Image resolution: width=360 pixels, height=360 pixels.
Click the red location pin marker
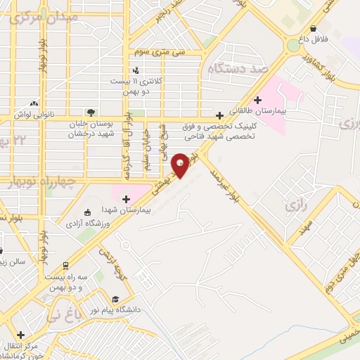181,165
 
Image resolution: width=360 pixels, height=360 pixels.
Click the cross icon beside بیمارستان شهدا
127,199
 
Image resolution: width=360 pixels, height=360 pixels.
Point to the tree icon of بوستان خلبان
91,112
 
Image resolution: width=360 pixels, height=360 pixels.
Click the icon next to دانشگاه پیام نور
115,298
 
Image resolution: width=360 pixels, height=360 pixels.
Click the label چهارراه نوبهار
41,183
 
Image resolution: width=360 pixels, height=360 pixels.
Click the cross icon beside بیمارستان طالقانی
259,100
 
